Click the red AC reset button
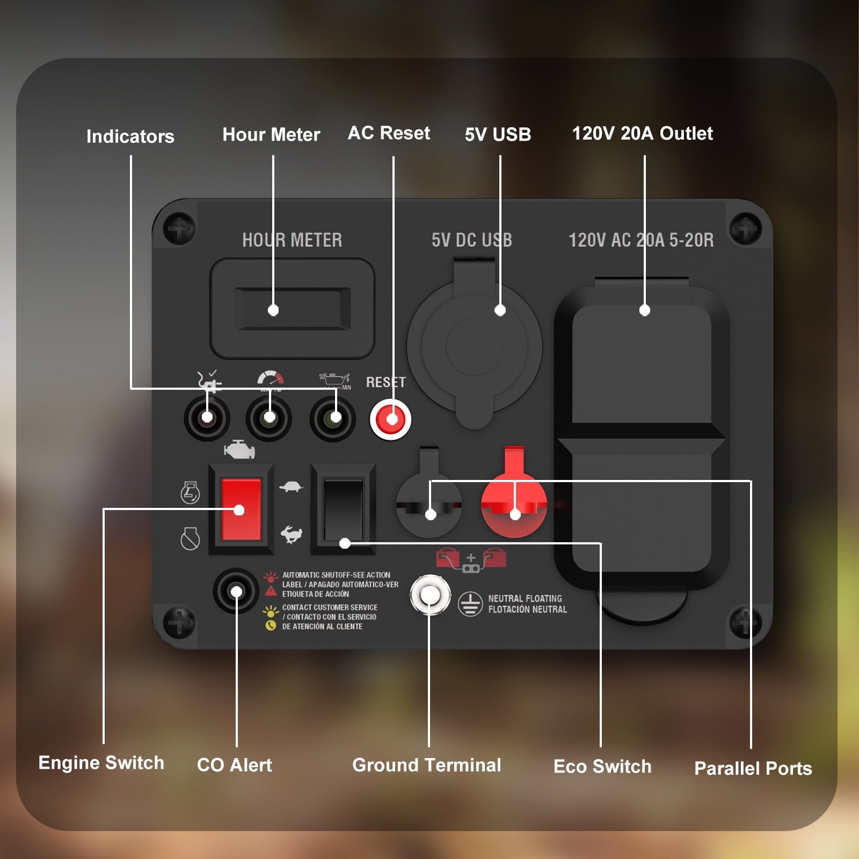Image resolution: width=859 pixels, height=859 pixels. (x=390, y=419)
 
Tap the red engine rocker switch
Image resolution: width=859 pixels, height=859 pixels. (x=241, y=509)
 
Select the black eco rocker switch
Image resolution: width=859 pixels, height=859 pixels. (x=344, y=509)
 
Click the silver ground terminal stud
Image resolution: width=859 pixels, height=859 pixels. (x=430, y=595)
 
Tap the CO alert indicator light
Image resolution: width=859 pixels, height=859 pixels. (x=236, y=591)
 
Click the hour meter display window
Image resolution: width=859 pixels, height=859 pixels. (x=292, y=309)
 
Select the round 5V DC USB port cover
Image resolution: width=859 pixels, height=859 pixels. (x=475, y=347)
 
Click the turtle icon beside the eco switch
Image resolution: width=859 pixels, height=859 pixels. (x=291, y=486)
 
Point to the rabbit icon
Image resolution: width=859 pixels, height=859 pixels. (x=292, y=534)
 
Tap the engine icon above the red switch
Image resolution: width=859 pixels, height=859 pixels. (x=239, y=450)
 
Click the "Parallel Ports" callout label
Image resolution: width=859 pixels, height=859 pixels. (x=753, y=768)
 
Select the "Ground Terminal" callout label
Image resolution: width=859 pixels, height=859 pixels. (x=427, y=765)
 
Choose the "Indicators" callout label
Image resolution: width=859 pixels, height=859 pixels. (x=130, y=136)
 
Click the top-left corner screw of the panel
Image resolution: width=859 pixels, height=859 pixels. (x=179, y=229)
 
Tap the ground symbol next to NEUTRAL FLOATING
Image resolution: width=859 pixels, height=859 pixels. (x=470, y=604)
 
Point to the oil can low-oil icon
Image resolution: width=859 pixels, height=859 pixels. (x=335, y=381)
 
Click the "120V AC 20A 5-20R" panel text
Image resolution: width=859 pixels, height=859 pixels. (x=641, y=240)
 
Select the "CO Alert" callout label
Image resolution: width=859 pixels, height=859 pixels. (x=235, y=765)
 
